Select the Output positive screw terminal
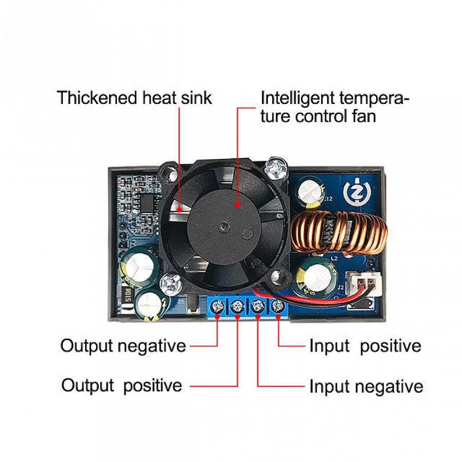(237, 305)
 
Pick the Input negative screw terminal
(257, 305)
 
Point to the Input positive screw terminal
(277, 305)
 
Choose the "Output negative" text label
(123, 346)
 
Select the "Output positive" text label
(122, 385)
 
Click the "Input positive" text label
(365, 346)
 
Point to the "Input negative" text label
(366, 386)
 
